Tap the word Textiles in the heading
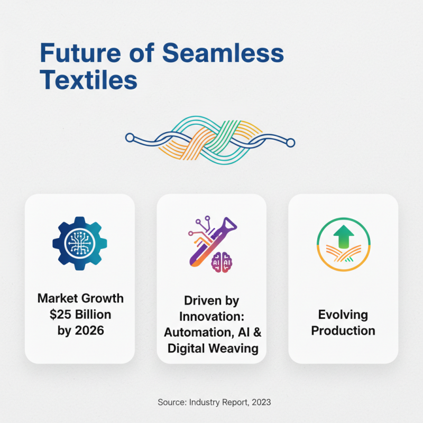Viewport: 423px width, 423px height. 89,80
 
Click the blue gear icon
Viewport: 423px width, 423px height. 79,243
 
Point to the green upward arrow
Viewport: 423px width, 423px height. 343,235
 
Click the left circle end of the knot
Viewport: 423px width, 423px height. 130,138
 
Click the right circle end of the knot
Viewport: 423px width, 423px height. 290,142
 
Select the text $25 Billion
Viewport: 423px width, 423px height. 80,315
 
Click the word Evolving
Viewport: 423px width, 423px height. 343,315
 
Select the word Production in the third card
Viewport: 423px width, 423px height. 343,331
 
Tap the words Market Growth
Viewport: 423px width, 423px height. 80,299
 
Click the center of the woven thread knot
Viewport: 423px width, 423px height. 210,139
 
